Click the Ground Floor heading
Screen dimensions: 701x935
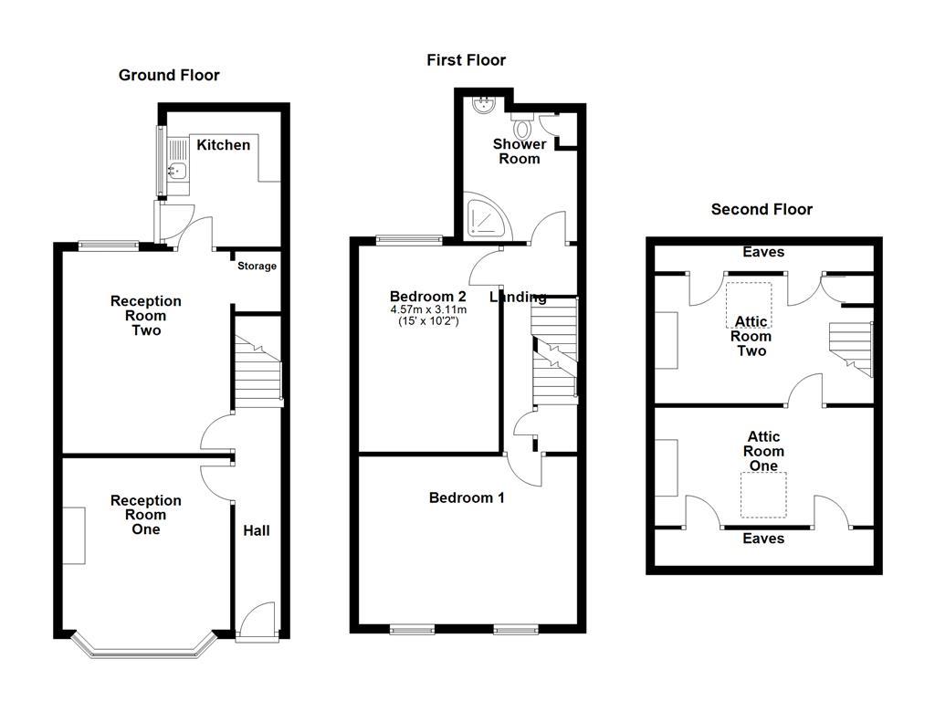[169, 75]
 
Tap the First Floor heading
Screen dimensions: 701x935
[466, 60]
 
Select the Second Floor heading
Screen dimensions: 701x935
[762, 209]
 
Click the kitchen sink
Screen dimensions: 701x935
[175, 170]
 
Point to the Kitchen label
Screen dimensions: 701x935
[223, 145]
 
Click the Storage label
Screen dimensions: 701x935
[257, 267]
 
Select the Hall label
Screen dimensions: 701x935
[256, 530]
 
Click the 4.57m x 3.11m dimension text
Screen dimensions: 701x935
[428, 310]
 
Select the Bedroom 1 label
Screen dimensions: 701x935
[467, 497]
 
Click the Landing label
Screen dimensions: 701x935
[518, 297]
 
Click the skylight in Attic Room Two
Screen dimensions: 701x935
[749, 303]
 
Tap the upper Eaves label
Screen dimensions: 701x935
[763, 252]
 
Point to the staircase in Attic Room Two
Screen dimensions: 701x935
[851, 349]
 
